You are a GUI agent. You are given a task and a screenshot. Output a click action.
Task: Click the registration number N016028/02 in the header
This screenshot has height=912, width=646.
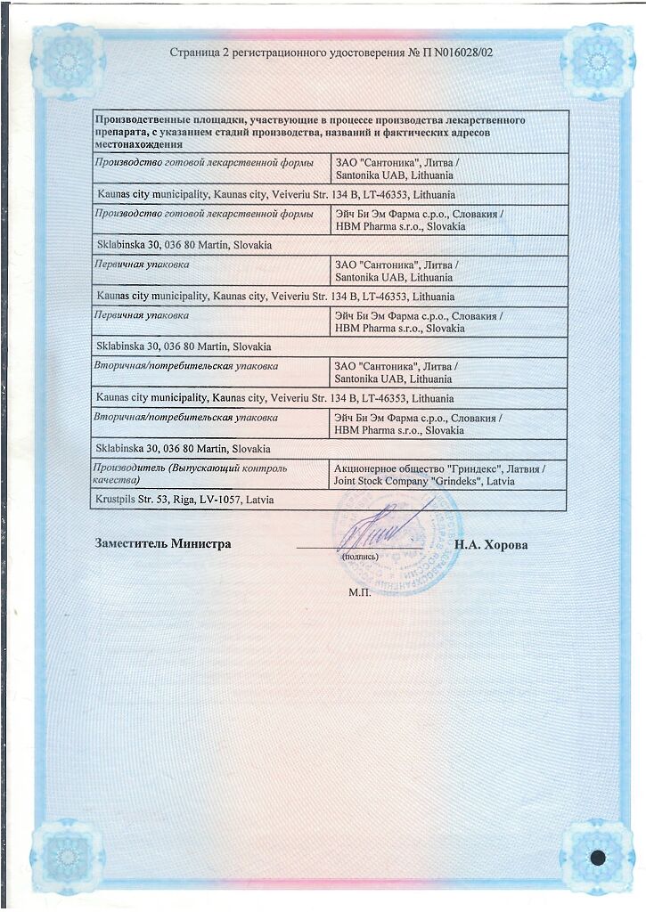[x=455, y=53]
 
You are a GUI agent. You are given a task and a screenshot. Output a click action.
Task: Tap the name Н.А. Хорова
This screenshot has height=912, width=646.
[x=490, y=545]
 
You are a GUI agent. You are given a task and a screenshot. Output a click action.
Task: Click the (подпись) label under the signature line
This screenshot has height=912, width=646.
[x=360, y=557]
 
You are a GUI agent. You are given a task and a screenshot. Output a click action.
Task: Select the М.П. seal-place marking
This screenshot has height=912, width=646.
[x=359, y=592]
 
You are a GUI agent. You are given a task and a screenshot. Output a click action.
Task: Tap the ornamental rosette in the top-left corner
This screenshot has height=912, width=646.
[x=67, y=61]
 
